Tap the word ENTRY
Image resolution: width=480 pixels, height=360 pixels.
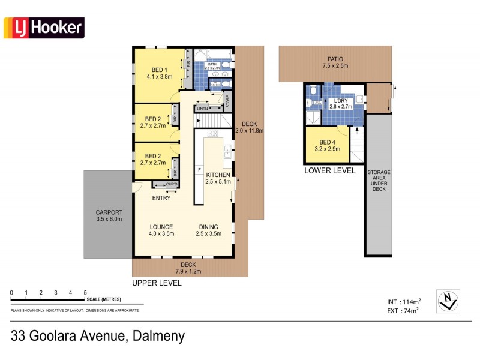tap(161, 198)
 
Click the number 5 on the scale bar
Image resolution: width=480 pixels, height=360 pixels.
tap(85, 292)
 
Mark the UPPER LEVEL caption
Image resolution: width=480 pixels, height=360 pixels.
tap(157, 283)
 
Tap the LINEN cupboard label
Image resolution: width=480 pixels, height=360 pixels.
tap(202, 109)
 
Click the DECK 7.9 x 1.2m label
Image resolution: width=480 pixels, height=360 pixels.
tap(188, 268)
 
